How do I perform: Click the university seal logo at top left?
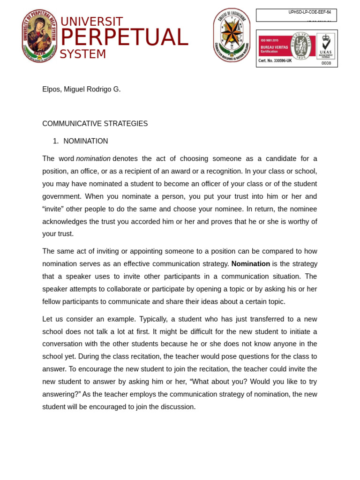39,36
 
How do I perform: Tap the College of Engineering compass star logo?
232,35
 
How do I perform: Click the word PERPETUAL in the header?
124,38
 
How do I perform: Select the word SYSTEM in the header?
83,54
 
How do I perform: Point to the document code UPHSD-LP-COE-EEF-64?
309,12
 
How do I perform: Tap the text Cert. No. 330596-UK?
275,61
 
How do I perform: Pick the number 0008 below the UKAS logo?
326,63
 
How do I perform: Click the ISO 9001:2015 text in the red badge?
270,40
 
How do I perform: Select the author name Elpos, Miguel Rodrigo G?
82,89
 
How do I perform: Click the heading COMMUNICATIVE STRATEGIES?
95,124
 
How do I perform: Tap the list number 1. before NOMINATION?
55,141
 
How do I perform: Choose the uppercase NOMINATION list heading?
86,141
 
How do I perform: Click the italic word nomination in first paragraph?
93,158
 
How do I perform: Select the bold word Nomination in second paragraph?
250,264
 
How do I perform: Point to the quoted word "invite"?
56,209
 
